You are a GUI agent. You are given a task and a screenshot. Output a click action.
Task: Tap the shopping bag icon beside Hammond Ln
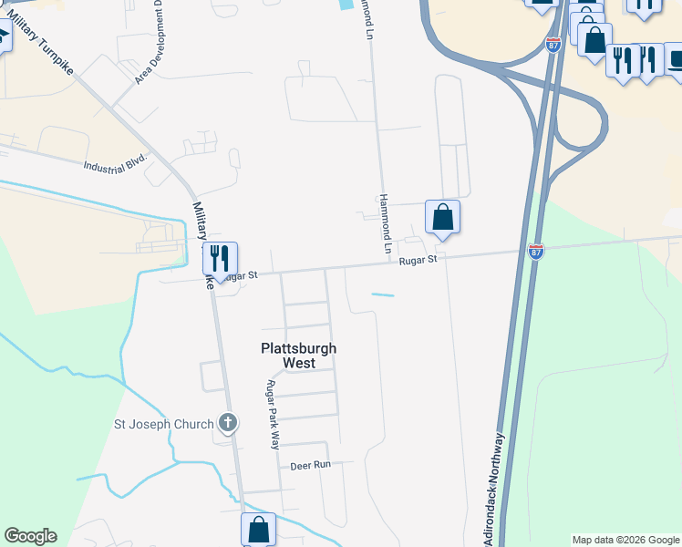442,217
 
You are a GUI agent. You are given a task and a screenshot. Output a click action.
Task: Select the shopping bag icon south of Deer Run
258,529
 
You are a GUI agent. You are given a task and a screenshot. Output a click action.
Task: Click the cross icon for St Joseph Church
227,423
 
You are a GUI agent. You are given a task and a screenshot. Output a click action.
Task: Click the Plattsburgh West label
298,356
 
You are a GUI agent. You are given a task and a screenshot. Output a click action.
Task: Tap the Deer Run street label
310,465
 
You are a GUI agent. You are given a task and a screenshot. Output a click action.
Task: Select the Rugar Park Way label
272,415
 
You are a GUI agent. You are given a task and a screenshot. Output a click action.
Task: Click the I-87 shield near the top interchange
553,44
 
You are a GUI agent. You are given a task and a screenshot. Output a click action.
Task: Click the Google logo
30,536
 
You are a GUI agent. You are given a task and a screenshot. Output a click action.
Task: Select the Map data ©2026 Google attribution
625,540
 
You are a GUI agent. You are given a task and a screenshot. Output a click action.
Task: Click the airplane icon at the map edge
3,37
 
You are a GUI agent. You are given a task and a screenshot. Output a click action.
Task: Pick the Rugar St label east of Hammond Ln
418,261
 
